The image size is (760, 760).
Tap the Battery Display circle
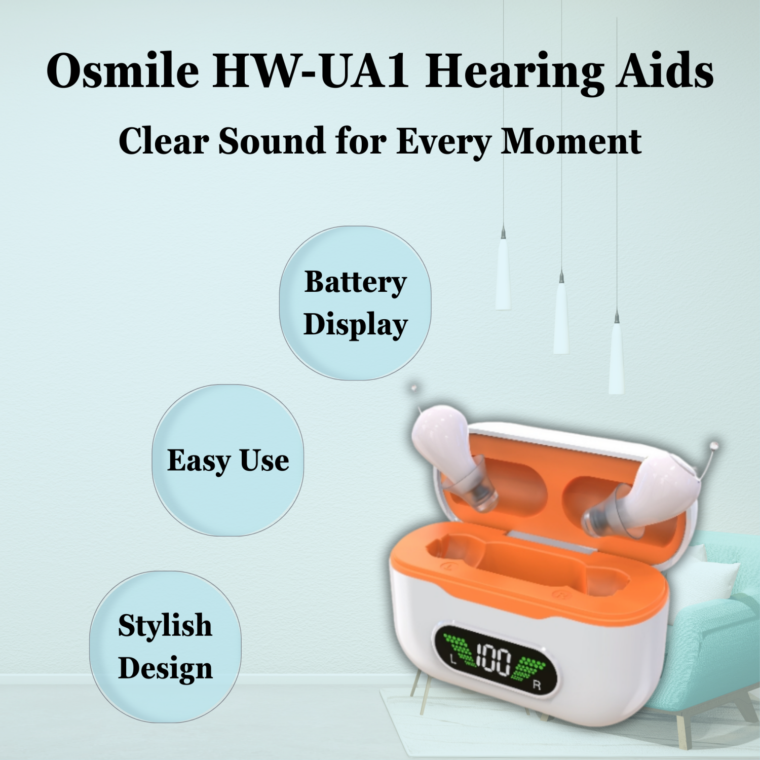pyautogui.click(x=355, y=303)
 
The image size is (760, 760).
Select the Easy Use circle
pyautogui.click(x=228, y=460)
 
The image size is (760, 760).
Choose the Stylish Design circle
pyautogui.click(x=165, y=647)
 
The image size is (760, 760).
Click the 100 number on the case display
pyautogui.click(x=492, y=659)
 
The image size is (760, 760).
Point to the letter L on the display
pyautogui.click(x=453, y=659)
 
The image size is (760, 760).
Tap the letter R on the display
pyautogui.click(x=537, y=686)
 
